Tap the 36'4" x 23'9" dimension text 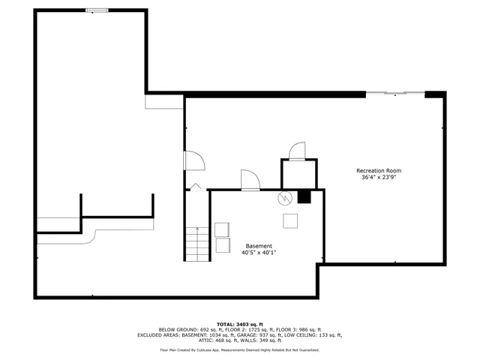click(x=378, y=178)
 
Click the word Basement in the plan click(x=259, y=246)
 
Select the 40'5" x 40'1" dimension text click(x=259, y=253)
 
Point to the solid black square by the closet click(x=304, y=197)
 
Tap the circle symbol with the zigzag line click(x=284, y=198)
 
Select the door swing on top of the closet click(x=298, y=150)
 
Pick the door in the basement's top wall click(x=250, y=180)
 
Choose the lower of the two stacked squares click(x=223, y=244)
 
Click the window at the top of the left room click(x=95, y=10)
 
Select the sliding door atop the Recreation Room click(x=394, y=94)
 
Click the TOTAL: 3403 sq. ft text click(x=239, y=323)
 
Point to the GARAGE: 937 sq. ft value click(x=275, y=335)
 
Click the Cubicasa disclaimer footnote click(x=239, y=350)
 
